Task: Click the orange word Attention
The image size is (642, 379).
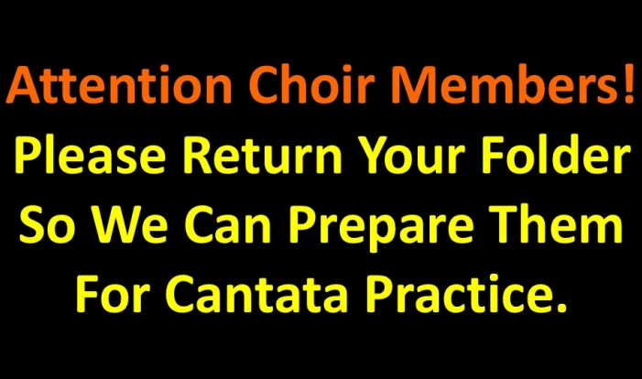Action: click(x=119, y=84)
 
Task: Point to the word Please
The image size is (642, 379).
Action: click(x=90, y=154)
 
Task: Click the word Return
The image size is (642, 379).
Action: click(x=263, y=155)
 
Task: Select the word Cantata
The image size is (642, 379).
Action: click(x=256, y=293)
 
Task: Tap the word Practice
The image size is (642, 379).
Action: click(x=455, y=293)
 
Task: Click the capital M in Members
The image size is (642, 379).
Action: click(x=413, y=85)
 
